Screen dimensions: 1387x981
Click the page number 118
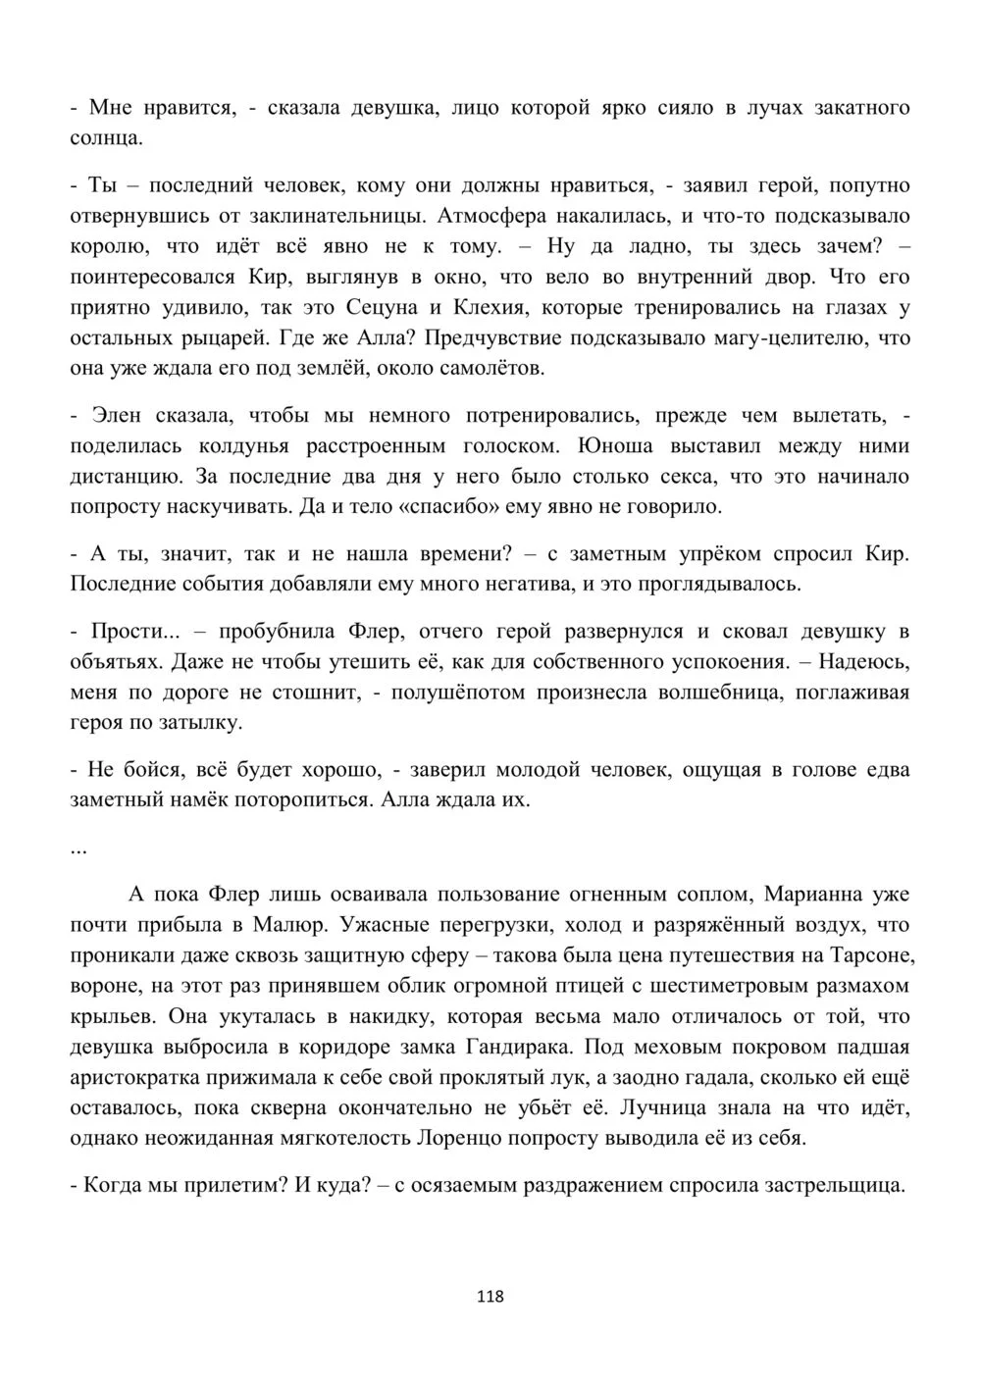point(490,1296)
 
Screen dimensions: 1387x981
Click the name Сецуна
point(381,308)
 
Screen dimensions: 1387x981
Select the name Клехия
point(489,308)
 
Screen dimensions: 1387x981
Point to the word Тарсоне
point(867,955)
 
